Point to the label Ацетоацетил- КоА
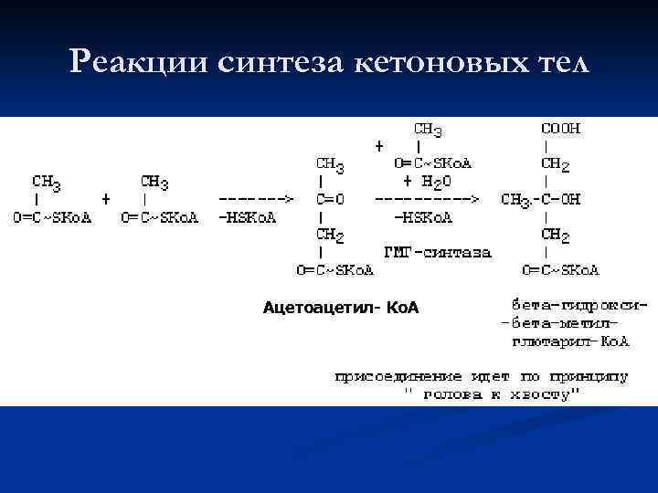pyautogui.click(x=340, y=308)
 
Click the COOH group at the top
pyautogui.click(x=560, y=129)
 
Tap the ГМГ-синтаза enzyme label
pyautogui.click(x=437, y=252)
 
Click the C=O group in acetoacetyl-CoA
pyautogui.click(x=329, y=199)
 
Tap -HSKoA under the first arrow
pyautogui.click(x=248, y=217)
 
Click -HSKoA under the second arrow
pyautogui.click(x=423, y=217)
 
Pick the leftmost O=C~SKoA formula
pyautogui.click(x=52, y=217)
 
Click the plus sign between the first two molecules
pyautogui.click(x=106, y=197)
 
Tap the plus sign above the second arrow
pyautogui.click(x=379, y=146)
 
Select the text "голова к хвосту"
pyautogui.click(x=493, y=394)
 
